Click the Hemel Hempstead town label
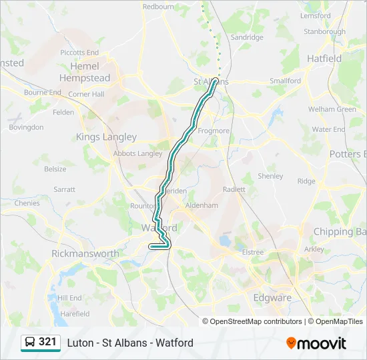84,72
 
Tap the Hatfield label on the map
324,59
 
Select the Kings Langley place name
106,137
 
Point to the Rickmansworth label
85,253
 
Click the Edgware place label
272,298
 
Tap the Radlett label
234,189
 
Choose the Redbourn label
158,7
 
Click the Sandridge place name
247,37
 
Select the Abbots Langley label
139,153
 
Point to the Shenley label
270,176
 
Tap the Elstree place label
253,252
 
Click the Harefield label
75,313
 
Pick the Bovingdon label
27,127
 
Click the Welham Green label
332,109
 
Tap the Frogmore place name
214,131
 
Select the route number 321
47,342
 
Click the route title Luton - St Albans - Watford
130,343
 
